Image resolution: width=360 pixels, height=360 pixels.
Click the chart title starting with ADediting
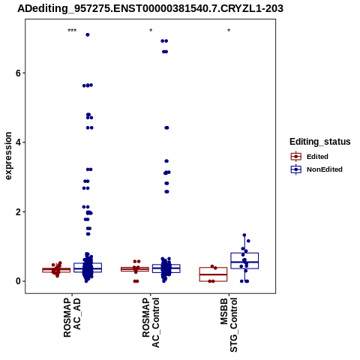point(150,8)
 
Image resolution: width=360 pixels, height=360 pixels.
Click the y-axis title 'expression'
point(8,156)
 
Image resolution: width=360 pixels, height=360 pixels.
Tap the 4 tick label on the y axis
point(18,142)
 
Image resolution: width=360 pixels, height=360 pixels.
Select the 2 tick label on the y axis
point(18,212)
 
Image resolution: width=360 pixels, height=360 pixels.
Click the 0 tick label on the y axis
point(18,281)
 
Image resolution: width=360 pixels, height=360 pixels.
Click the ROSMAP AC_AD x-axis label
point(72,317)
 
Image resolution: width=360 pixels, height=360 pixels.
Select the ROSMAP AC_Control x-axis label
point(151,322)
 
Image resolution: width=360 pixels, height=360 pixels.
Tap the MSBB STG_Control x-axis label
point(229,325)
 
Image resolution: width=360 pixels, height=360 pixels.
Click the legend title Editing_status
point(320,142)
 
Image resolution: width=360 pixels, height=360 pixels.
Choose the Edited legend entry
point(310,157)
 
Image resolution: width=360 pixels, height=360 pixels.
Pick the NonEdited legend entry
point(316,169)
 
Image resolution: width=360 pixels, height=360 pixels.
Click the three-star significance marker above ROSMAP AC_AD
point(72,31)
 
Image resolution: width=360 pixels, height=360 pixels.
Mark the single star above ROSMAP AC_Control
point(151,31)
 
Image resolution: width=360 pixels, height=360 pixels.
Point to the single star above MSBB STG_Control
point(229,31)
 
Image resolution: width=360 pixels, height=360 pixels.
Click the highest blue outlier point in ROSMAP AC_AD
point(88,34)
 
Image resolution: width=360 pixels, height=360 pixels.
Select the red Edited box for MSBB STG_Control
point(213,274)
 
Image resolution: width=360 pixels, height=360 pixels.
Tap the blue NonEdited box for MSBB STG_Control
point(244,261)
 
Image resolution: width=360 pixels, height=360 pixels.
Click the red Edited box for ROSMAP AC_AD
point(56,270)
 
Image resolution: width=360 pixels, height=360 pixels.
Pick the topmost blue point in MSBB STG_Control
point(244,235)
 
